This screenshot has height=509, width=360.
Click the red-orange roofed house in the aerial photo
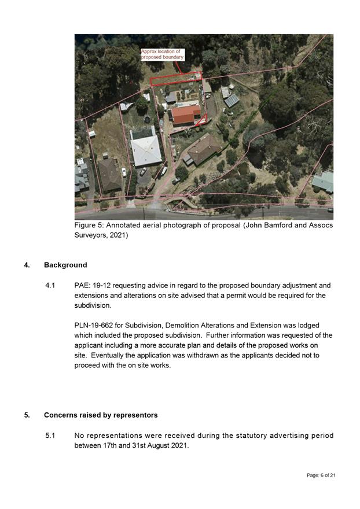click(x=186, y=115)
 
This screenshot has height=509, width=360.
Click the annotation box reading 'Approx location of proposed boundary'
click(x=163, y=54)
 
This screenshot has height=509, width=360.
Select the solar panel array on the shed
click(x=231, y=100)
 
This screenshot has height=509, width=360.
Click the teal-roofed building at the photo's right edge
click(x=324, y=181)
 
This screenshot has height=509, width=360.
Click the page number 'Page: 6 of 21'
click(x=321, y=475)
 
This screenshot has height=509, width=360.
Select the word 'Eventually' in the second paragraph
click(x=111, y=355)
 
